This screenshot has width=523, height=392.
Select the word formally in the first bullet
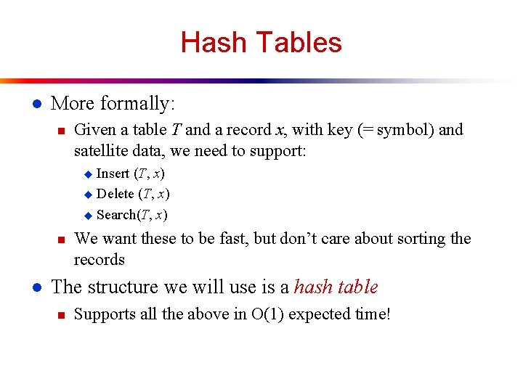coord(137,104)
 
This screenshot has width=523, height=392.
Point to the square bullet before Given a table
coord(61,131)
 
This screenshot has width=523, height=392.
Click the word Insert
coord(113,173)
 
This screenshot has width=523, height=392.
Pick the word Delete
coord(115,194)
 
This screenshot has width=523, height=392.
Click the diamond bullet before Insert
coord(88,174)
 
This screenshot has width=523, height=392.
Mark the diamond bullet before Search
coord(88,215)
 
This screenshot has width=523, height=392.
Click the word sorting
coord(418,239)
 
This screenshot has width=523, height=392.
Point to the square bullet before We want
coord(61,240)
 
